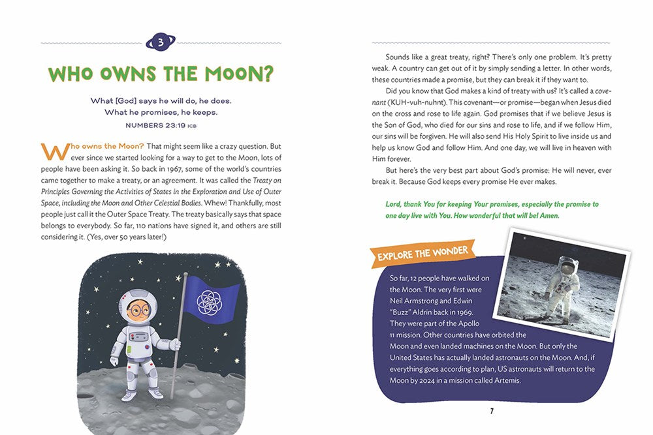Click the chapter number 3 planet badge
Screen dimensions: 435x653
tap(161, 43)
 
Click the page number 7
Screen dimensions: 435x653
tap(491, 411)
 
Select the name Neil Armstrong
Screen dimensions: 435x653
tap(417, 301)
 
